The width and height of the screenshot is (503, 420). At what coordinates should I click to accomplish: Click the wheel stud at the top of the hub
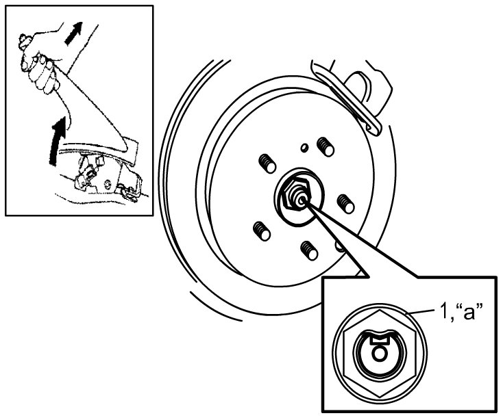(323, 146)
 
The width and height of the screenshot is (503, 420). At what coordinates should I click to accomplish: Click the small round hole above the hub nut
(303, 146)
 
